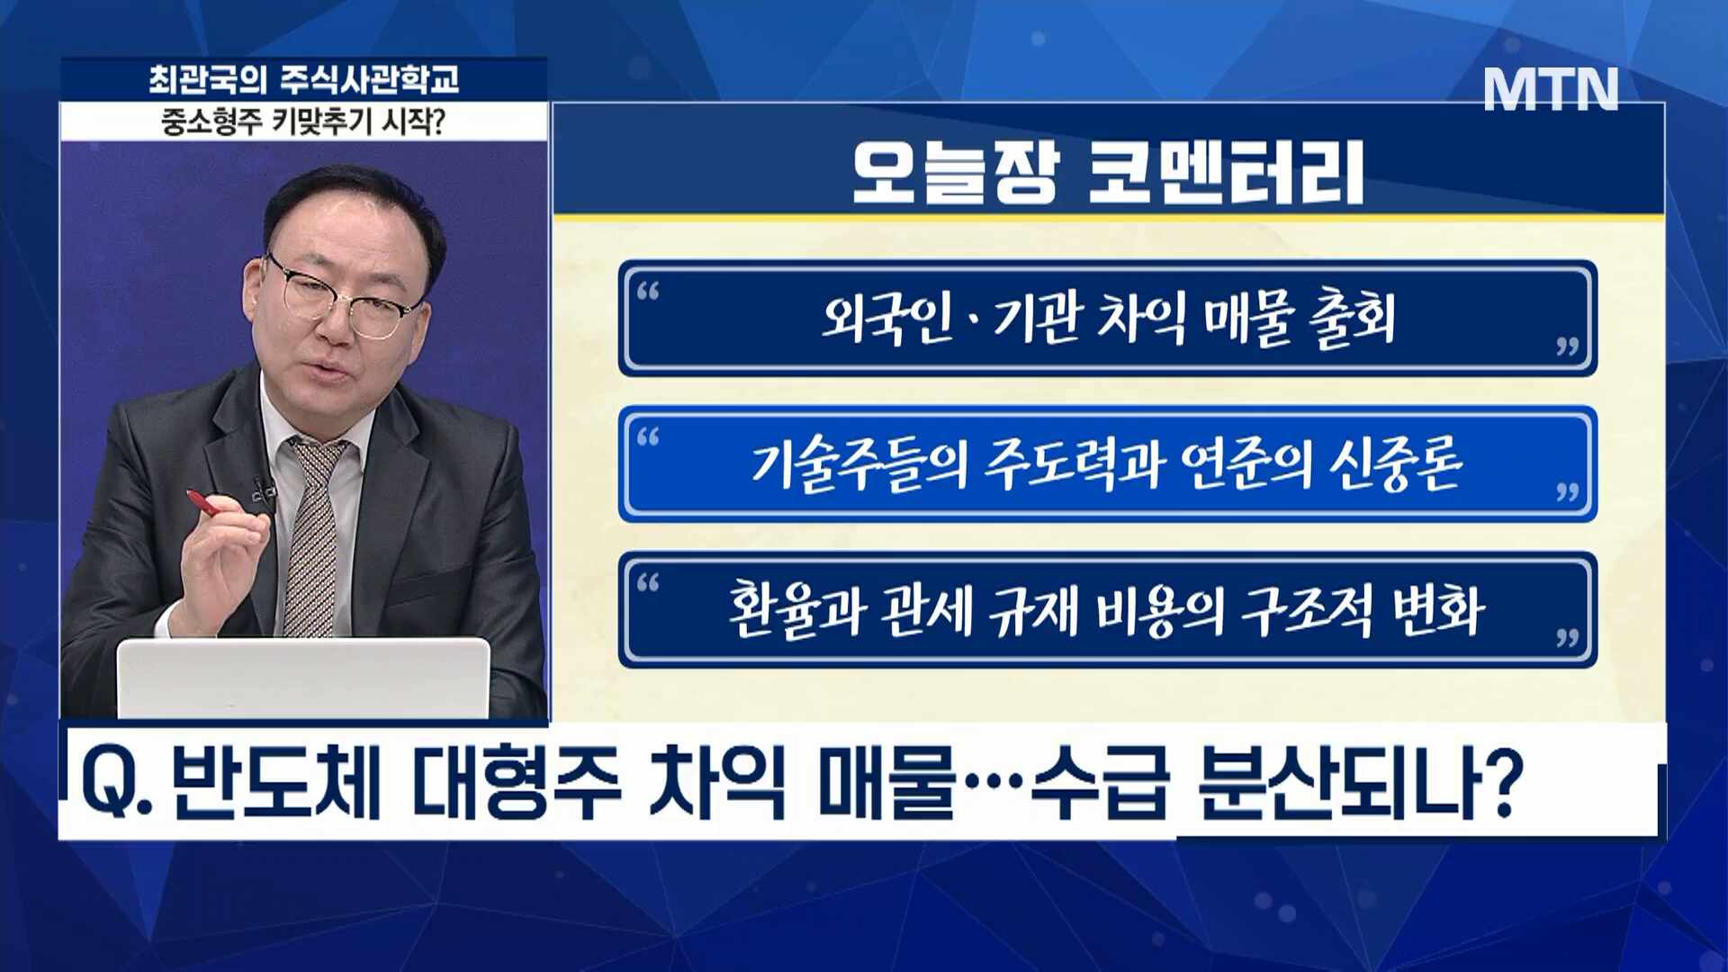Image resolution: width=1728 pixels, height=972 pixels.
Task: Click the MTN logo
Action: click(1551, 89)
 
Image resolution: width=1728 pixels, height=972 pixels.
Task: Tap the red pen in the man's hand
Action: click(203, 504)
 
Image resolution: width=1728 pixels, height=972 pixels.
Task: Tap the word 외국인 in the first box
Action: click(886, 319)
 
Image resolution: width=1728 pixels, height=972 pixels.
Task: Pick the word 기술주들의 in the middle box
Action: click(859, 464)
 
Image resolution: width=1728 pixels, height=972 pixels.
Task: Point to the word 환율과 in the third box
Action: click(796, 610)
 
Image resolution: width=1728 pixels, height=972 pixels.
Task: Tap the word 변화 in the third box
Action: click(1437, 610)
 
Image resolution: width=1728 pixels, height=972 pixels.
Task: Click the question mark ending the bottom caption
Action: click(1498, 781)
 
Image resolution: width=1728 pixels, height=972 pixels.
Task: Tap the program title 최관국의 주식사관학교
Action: click(304, 80)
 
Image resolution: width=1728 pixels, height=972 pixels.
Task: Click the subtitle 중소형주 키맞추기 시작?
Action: click(304, 121)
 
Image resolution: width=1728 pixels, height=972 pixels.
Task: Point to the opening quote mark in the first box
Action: click(648, 291)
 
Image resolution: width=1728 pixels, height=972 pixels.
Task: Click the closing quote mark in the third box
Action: click(1568, 637)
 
